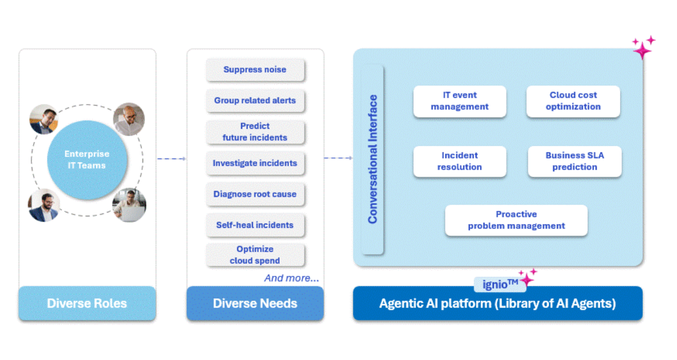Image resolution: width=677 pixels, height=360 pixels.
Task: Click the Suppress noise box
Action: (255, 70)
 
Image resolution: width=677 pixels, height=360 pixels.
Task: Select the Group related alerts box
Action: (255, 101)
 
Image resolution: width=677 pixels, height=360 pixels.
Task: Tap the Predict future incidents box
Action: (255, 132)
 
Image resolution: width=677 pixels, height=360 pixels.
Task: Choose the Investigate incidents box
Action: (255, 163)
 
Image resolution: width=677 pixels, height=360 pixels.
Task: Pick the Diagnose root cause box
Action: (255, 194)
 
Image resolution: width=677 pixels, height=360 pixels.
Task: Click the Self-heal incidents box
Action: (255, 225)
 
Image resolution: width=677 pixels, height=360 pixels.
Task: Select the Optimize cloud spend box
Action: (255, 255)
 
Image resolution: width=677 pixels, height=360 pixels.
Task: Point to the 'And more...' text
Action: (291, 278)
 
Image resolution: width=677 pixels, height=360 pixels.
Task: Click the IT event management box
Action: (460, 101)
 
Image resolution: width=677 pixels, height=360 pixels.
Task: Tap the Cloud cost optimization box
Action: (573, 101)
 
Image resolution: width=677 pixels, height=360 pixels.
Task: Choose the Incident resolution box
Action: (460, 161)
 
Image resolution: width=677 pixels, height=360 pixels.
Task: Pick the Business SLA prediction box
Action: (575, 161)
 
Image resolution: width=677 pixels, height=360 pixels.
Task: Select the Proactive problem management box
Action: (516, 220)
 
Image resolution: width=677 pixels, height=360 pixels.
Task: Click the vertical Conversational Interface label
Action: (373, 159)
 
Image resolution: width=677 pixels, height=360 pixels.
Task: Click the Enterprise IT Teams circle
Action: (87, 160)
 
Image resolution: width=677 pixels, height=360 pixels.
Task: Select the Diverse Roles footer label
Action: (87, 303)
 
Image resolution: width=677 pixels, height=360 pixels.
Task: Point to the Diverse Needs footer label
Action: (255, 303)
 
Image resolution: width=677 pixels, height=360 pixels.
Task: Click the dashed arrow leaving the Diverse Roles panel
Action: (171, 159)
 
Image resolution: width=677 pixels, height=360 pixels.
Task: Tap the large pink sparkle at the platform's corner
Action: (642, 50)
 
